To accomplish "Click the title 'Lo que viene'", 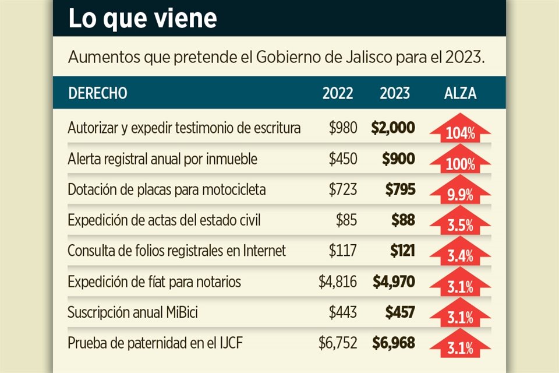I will coord(143,18).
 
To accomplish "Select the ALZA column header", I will coord(460,93).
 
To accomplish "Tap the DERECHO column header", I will coord(97,93).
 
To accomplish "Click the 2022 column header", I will coord(338,93).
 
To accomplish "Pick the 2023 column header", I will coord(395,93).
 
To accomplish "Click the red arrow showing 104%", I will coord(460,129).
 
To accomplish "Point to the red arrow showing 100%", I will coord(460,160).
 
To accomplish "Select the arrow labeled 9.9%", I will coord(460,191).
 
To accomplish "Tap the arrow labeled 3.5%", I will coord(460,221).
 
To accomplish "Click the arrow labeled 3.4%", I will coord(460,252).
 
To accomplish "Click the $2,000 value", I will coord(393,128).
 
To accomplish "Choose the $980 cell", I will coord(343,128).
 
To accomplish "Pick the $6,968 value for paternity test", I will coord(394,343).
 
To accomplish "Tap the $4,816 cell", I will coord(338,282).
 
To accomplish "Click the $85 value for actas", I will coord(346,220).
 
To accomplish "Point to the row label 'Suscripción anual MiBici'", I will coord(133,313).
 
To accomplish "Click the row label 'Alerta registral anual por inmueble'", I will coord(162,159).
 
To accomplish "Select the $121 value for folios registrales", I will coord(402,251).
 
